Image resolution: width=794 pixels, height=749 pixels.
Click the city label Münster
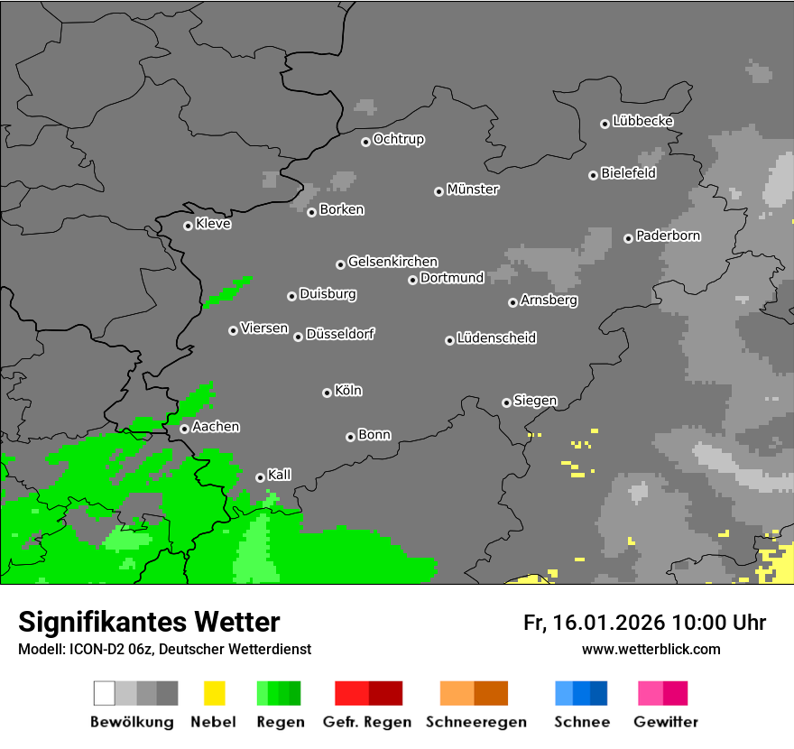click(x=473, y=190)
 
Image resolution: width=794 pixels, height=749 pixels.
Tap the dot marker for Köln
click(x=327, y=393)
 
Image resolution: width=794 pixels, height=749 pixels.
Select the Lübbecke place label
click(x=642, y=121)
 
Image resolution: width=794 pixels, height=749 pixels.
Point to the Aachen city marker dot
click(x=184, y=429)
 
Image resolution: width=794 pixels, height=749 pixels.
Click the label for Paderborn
click(x=668, y=236)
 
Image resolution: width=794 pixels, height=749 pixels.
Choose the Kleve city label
click(x=213, y=224)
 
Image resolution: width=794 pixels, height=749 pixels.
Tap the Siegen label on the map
click(x=535, y=401)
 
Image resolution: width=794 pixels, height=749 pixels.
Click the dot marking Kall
click(x=260, y=477)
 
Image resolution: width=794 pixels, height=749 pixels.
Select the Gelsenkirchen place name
click(x=392, y=262)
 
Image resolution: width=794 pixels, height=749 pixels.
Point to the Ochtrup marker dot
click(x=365, y=142)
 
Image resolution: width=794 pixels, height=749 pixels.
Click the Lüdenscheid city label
click(x=496, y=338)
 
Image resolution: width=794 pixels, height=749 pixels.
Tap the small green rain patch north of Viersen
click(x=227, y=291)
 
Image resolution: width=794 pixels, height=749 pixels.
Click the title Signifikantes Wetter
click(x=149, y=622)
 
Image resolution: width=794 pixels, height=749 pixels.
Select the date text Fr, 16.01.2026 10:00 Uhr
click(x=644, y=623)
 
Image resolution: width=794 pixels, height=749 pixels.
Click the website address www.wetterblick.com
click(x=651, y=649)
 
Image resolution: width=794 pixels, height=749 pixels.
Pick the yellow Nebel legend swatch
click(x=214, y=693)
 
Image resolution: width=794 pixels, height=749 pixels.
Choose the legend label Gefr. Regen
click(x=367, y=722)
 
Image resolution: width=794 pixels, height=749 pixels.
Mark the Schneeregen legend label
click(x=475, y=722)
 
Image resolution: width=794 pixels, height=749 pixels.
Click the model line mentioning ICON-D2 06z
click(x=164, y=649)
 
